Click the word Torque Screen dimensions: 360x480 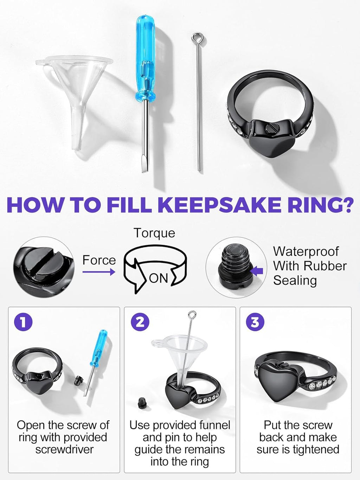click(x=154, y=233)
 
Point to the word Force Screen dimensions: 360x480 click(x=99, y=260)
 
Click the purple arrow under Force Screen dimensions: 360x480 click(x=99, y=272)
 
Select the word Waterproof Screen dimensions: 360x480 click(x=306, y=251)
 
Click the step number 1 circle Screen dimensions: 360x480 click(x=23, y=322)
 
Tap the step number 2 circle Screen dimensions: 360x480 click(x=140, y=322)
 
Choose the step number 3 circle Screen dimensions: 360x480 click(x=255, y=322)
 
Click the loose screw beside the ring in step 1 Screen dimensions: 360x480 click(x=78, y=380)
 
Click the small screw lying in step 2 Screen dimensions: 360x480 click(x=142, y=402)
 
